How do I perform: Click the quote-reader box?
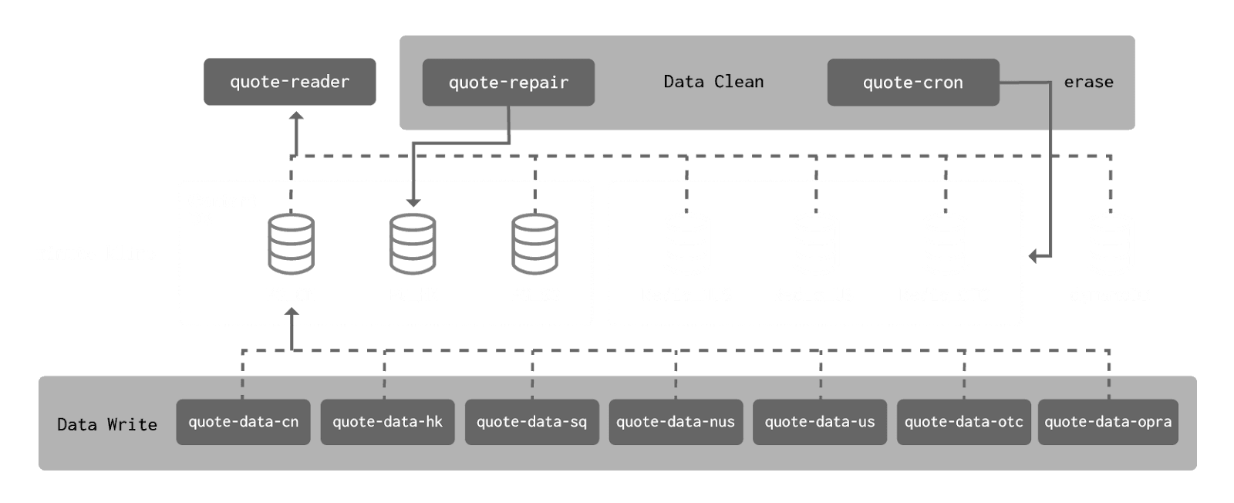click(x=289, y=82)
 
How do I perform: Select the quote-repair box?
click(x=508, y=83)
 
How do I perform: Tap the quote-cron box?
click(x=912, y=83)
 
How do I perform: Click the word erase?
click(x=1088, y=82)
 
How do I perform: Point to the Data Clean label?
click(x=713, y=82)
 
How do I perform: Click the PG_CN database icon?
click(x=291, y=245)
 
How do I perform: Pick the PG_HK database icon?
click(x=413, y=245)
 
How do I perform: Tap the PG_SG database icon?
click(x=535, y=245)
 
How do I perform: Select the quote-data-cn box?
click(x=243, y=422)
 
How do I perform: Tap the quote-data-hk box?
click(x=387, y=422)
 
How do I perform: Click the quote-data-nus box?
click(x=676, y=422)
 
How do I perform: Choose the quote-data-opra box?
click(x=1108, y=422)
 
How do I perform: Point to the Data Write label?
click(x=107, y=424)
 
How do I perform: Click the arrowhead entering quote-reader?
click(x=295, y=116)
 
